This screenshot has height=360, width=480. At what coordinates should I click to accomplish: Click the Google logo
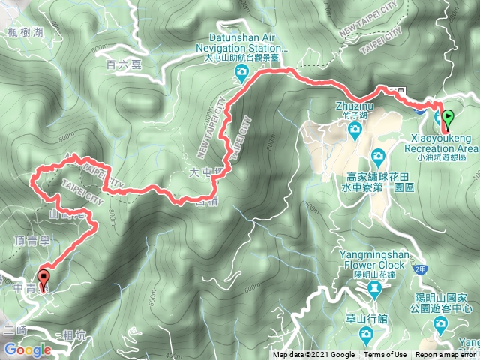[x=27, y=349]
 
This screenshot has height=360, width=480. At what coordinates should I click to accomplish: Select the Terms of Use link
[x=385, y=355]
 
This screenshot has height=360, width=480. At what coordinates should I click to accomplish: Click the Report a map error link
[x=446, y=355]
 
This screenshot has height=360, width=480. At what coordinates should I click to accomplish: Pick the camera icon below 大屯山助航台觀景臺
[x=242, y=73]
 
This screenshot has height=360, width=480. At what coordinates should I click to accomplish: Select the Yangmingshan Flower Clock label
[x=373, y=259]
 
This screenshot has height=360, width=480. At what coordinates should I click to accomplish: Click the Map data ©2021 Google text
[x=313, y=355]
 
